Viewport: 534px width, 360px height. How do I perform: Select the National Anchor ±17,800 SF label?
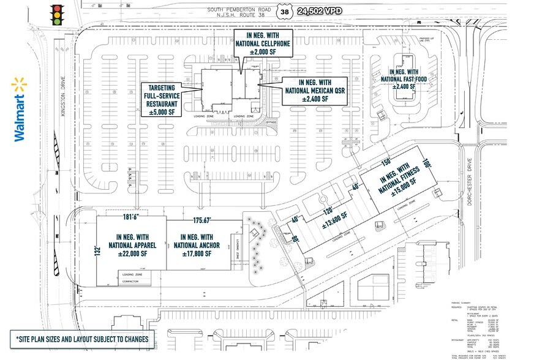(x=197, y=244)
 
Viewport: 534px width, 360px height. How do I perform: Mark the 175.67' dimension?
(x=206, y=220)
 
